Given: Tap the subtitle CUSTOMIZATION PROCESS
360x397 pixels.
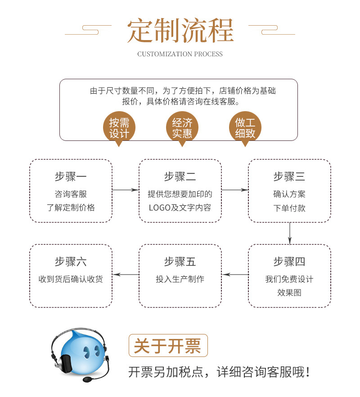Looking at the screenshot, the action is (180, 54).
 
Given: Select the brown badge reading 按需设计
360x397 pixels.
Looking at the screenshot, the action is (119, 128).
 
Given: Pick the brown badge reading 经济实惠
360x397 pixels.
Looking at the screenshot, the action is (182, 128).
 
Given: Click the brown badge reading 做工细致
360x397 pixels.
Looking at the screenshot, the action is (245, 128).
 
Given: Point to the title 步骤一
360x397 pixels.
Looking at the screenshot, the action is (71, 176).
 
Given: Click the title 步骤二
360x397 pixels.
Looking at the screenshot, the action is (180, 176).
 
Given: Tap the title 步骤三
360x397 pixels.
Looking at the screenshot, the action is (289, 176).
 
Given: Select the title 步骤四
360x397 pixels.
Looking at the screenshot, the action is (289, 262).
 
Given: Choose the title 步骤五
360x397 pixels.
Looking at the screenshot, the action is (180, 262).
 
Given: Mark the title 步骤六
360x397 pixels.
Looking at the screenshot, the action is (71, 262).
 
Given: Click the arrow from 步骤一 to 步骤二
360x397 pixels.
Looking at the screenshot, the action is (125, 190).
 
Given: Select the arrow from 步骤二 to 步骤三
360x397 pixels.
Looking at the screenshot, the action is (234, 190).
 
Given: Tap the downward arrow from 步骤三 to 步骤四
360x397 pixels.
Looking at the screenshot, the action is (290, 233).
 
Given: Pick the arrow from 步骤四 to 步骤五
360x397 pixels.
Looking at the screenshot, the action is (235, 274).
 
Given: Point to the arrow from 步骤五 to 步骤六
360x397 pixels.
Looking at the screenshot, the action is (126, 274).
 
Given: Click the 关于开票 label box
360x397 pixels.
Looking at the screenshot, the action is (168, 346).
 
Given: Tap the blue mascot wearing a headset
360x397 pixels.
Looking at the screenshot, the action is (81, 353).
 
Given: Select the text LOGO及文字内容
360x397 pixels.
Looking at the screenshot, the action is (180, 208).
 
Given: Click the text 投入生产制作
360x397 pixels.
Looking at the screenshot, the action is (180, 279).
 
